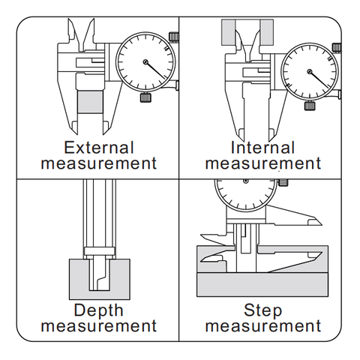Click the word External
coord(99,148)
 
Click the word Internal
coord(262,148)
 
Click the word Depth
coord(98,310)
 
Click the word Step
coord(263,310)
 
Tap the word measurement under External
coord(99,163)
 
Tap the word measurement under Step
coord(263,326)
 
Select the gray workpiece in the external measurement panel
coord(90,102)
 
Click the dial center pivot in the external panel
coord(145,61)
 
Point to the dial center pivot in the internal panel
coord(310,72)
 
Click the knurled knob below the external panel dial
coord(145,97)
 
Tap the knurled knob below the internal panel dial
coord(310,106)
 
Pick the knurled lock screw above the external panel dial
coord(174,37)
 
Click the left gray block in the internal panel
coord(228,32)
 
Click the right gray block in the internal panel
coord(267,32)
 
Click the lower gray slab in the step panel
coord(262,284)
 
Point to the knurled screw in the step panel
coord(283,182)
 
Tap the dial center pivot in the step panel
coord(246,181)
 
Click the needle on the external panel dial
coord(155,70)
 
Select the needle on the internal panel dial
coord(319,80)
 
